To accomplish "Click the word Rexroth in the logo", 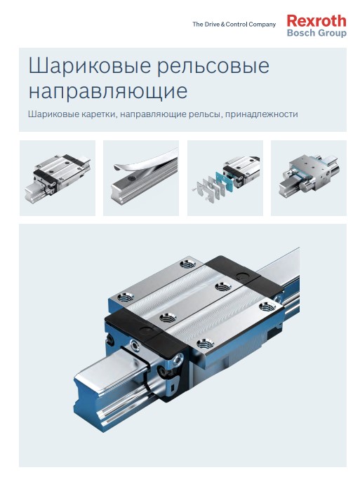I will (x=316, y=21).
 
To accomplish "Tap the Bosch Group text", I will (x=316, y=33).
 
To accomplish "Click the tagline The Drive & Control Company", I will (x=234, y=25).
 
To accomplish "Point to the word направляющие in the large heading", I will (x=107, y=91).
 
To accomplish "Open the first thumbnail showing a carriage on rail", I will (x=57, y=177).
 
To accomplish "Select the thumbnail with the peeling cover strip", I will (x=141, y=177).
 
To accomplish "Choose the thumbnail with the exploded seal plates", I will (x=225, y=177).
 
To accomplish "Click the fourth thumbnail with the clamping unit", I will (x=308, y=177).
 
